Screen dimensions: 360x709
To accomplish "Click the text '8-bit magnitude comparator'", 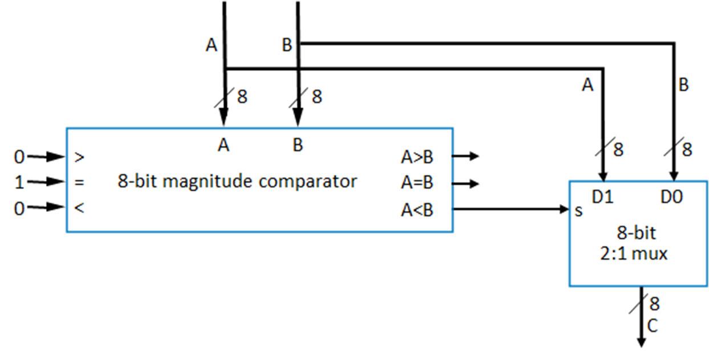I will pos(237,181).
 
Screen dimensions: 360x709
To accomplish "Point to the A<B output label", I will pos(417,210).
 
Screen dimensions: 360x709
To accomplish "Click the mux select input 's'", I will pos(579,211).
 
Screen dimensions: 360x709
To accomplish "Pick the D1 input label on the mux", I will pos(602,197).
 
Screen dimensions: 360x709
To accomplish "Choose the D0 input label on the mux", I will pos(673,197).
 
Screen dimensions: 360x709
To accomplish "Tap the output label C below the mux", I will pos(652,326).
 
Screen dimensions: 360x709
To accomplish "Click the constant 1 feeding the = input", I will pos(20,182).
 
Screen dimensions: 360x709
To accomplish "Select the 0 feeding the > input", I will pos(20,157).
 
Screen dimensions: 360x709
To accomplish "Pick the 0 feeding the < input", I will pos(20,208).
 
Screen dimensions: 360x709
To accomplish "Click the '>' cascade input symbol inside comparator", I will pos(79,157).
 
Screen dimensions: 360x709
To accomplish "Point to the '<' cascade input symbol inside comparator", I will pos(79,208).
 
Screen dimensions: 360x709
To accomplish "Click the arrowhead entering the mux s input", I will pos(564,210).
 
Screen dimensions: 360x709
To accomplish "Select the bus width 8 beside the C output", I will pos(654,304).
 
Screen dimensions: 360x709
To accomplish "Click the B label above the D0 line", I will pos(683,85).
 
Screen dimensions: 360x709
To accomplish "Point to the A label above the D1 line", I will pos(588,85).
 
